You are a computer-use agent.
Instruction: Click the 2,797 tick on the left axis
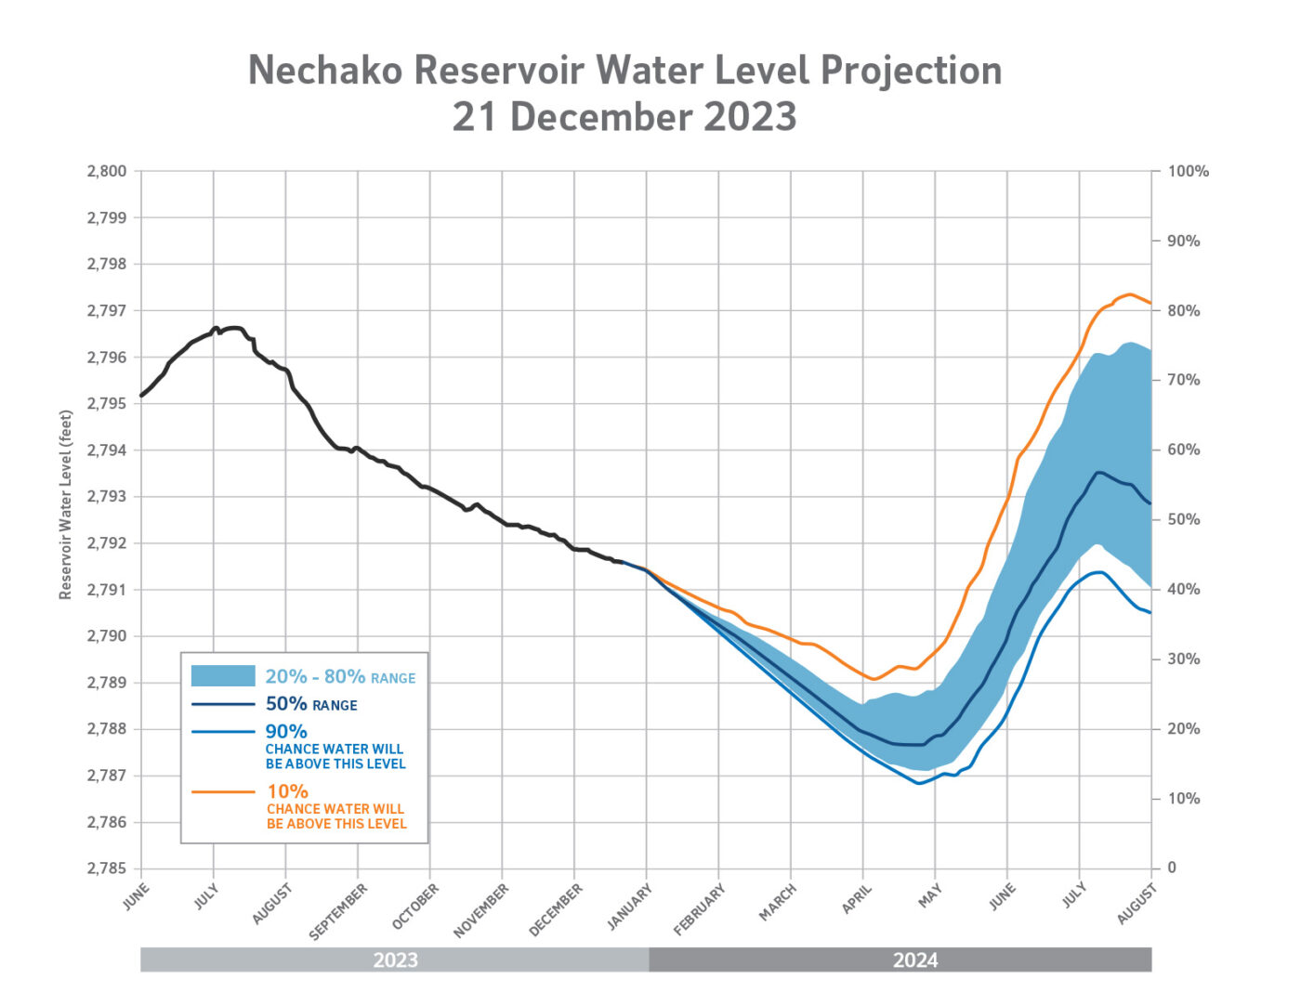pos(107,310)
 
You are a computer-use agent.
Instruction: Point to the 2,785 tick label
pos(107,868)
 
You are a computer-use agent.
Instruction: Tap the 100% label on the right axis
pos(1188,171)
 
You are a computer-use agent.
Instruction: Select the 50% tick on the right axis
pos(1183,519)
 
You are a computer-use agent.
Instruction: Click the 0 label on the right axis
pos(1172,868)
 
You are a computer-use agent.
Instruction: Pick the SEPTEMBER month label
pos(339,910)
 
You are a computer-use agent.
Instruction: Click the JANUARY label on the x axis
pos(630,906)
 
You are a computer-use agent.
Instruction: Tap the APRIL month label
pos(857,898)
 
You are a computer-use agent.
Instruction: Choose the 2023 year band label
pos(395,959)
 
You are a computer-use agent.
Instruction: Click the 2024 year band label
pos(915,959)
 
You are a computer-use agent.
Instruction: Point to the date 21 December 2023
pos(624,117)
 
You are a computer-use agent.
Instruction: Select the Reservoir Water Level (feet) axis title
pos(66,504)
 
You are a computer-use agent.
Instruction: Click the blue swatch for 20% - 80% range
pos(223,676)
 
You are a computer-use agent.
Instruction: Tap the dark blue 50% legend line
pos(223,704)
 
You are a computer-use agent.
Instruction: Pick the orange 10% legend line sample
pos(223,791)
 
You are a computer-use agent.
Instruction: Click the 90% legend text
pos(286,731)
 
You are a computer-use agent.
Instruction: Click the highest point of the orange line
pos(1129,294)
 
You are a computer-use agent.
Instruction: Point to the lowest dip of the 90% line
pos(918,783)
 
